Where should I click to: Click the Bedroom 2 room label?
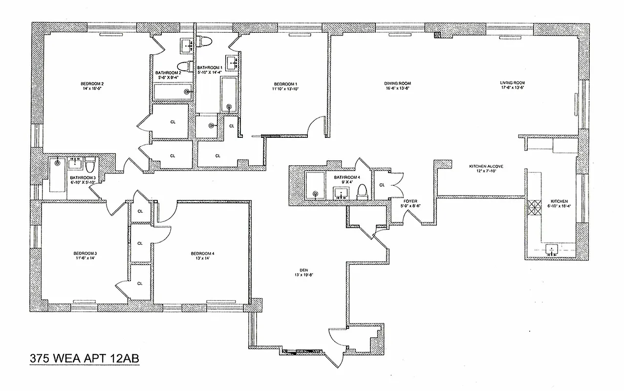[92, 84]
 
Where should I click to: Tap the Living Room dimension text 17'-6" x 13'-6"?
[512, 88]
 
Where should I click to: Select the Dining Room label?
[397, 84]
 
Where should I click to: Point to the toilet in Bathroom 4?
[362, 191]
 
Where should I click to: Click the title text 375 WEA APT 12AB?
[85, 358]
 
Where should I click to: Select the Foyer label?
[410, 201]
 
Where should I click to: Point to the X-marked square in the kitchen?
[532, 205]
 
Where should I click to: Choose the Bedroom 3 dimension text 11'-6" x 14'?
[85, 259]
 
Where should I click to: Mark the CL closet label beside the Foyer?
[382, 185]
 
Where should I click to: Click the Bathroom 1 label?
[209, 67]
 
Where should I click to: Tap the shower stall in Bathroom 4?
[317, 186]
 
